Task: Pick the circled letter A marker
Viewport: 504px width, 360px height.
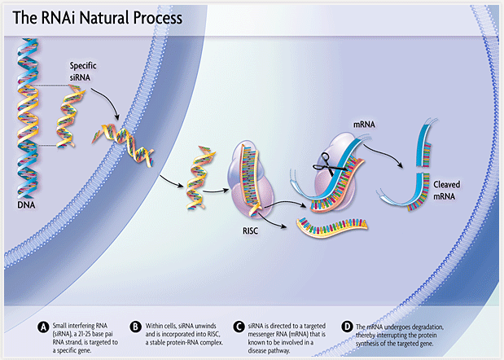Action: [x=43, y=327]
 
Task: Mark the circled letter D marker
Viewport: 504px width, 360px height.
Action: [x=348, y=327]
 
